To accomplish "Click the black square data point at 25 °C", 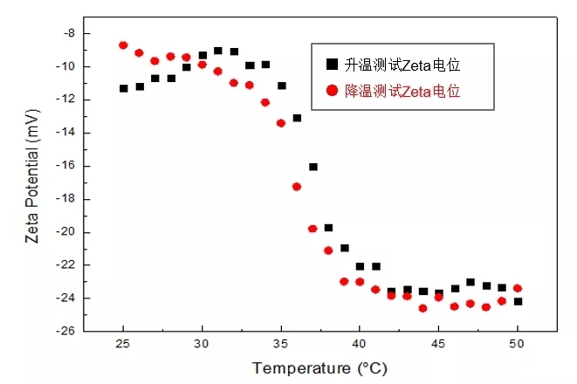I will pos(124,88).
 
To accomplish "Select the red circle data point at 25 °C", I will pos(124,45).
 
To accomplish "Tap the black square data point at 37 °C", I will pos(313,167).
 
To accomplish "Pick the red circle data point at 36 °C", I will pos(297,186).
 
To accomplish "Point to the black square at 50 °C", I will pos(518,301).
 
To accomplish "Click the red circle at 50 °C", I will pos(518,288).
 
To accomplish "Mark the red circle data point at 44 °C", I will pos(423,308).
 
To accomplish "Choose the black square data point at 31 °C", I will pos(218,51).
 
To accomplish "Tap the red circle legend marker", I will pos(331,90).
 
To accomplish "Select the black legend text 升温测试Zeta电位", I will pos(402,65).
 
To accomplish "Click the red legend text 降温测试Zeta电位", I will pos(402,90).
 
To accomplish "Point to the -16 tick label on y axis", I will pos(64,166).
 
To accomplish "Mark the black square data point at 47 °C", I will pos(471,282).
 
